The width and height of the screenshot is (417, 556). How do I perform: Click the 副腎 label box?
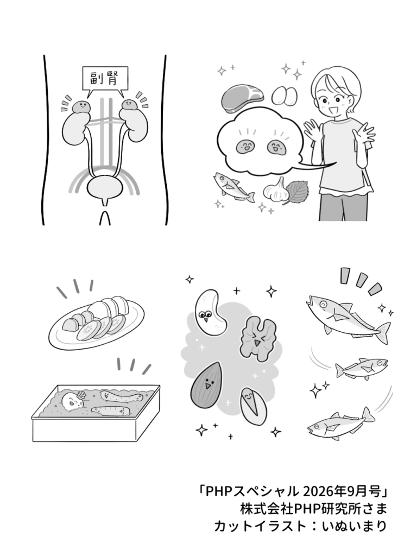click(105, 79)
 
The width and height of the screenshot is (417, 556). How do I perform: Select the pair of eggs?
click(285, 96)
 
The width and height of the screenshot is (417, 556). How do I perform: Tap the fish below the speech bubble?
click(233, 187)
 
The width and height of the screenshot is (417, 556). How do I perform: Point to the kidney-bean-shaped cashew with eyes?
click(210, 311)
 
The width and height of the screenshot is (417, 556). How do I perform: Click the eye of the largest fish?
click(324, 304)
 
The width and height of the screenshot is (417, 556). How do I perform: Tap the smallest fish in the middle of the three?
click(361, 369)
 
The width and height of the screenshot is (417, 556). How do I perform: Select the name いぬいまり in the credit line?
click(354, 526)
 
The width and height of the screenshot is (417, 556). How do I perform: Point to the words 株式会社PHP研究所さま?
click(313, 508)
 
